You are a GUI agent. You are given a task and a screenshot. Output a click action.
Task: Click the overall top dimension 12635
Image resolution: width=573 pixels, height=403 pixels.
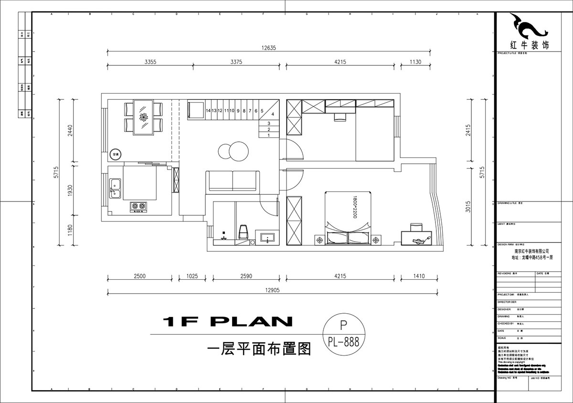click(269, 47)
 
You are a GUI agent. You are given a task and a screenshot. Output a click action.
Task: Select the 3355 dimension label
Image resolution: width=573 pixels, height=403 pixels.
click(150, 62)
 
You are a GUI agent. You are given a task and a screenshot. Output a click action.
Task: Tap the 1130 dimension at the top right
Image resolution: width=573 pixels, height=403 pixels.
click(415, 62)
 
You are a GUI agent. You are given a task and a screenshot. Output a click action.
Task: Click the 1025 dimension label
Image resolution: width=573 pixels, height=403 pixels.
click(192, 276)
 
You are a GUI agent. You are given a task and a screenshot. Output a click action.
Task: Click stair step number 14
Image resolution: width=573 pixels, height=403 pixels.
click(208, 110)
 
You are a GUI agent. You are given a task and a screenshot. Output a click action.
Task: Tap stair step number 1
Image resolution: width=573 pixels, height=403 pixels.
click(269, 135)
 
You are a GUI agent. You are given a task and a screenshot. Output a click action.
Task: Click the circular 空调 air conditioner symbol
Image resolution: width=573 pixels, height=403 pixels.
click(116, 154)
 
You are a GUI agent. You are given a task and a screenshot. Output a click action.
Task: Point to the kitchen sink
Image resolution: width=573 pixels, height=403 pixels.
click(115, 188)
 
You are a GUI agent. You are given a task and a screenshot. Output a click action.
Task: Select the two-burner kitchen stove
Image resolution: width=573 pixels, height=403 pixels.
click(139, 206)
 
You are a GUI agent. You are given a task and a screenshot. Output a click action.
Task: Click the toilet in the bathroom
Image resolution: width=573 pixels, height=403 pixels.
click(243, 232)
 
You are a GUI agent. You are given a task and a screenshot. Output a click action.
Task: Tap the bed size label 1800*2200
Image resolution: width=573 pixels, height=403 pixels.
click(355, 207)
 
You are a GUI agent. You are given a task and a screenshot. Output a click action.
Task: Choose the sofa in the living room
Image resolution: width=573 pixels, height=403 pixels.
click(233, 181)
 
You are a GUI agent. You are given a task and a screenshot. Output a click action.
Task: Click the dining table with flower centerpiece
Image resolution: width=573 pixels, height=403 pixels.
click(143, 117)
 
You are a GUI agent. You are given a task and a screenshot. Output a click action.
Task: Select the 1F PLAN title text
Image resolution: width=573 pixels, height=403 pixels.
click(227, 322)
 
